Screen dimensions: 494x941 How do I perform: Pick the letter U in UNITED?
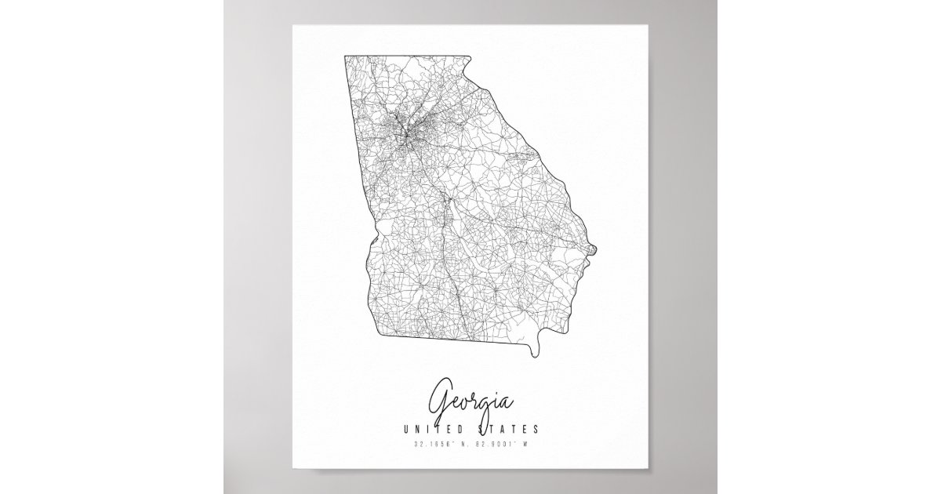405,430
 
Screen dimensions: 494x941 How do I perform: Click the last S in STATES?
536,430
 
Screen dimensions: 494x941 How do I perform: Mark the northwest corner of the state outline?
344,56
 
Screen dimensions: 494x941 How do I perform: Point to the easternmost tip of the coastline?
598,251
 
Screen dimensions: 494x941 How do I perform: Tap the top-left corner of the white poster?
292,24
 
